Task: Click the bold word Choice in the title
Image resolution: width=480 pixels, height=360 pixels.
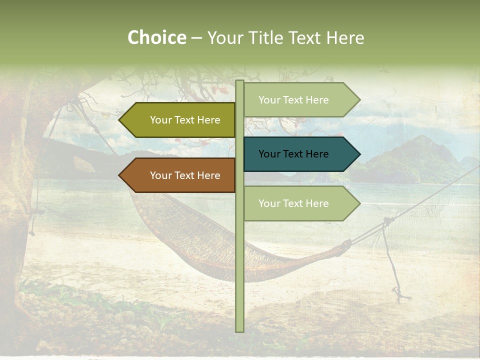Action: pos(156,38)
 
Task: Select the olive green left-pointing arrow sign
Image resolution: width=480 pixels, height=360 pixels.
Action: pos(180,120)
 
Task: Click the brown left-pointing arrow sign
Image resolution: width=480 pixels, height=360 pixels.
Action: pos(180,175)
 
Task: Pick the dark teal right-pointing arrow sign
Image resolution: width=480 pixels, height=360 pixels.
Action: pos(300,154)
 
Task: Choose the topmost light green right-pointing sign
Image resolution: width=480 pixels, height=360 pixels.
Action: pos(300,100)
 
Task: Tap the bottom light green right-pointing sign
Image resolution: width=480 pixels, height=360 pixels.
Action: pos(300,203)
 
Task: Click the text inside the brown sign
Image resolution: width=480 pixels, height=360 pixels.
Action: pos(185,175)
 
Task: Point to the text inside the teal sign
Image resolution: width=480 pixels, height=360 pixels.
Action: pos(293,154)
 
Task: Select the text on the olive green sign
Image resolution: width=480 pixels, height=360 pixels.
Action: pos(185,120)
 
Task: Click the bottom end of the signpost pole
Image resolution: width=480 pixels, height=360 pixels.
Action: pos(239,330)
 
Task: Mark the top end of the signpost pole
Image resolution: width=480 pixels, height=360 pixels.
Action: pos(239,82)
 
